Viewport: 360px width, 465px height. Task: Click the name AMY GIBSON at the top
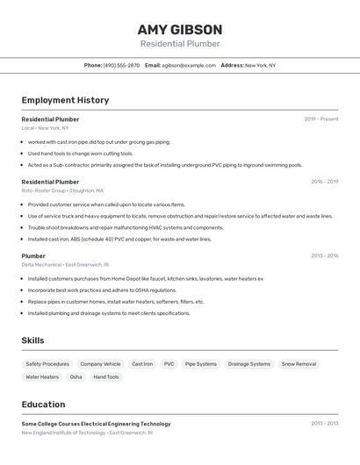[180, 29]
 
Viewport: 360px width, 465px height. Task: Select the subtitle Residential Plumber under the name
[180, 44]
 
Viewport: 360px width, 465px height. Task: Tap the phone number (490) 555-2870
[121, 65]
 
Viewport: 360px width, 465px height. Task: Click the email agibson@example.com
[189, 65]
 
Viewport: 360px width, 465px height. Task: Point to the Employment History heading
[65, 100]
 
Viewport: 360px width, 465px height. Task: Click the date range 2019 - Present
[321, 118]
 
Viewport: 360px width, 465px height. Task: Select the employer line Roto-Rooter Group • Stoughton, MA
[62, 190]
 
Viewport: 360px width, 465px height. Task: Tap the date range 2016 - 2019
[324, 182]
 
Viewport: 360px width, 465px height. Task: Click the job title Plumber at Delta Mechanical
[33, 256]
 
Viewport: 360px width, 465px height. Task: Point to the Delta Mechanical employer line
[65, 264]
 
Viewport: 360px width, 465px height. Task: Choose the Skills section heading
[32, 340]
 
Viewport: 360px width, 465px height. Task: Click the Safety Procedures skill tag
[47, 363]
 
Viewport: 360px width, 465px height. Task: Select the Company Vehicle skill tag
[100, 363]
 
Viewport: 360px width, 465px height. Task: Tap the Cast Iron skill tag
[142, 363]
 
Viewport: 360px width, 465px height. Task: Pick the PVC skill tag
[169, 363]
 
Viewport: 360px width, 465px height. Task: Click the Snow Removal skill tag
[299, 363]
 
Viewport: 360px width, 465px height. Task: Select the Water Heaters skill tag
[42, 376]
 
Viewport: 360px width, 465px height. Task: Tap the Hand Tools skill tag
[106, 376]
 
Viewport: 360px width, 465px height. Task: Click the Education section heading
[43, 404]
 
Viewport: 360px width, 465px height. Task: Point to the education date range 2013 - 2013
[324, 423]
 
